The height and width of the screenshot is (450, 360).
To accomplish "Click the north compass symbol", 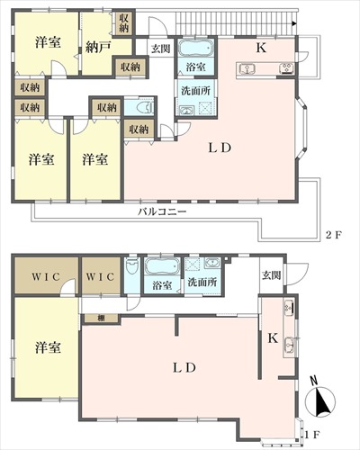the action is pos(319,400).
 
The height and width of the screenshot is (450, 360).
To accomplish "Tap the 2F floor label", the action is pos(334,235).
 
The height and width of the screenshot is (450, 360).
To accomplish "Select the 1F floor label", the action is pos(312,435).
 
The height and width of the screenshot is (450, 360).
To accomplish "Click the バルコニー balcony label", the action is pos(162,211).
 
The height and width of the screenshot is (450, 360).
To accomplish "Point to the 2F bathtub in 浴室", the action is pos(196,48).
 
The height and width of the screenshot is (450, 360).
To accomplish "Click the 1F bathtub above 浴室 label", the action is pos(162,266).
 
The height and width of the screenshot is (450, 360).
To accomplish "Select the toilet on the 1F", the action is pos(132,265).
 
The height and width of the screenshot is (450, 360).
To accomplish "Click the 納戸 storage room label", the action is pos(98,47).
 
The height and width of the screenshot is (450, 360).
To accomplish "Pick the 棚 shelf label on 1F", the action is pos(102,319).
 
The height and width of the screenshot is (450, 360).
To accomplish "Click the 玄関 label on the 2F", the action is pos(161,49).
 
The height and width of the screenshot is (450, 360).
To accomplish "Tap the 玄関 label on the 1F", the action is pos(272,275).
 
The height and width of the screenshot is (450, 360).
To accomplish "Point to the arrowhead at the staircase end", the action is pos(294,23).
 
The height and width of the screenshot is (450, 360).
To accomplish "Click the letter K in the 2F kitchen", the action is pos(261,48).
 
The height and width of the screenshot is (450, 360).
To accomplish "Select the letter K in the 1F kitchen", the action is pos(273,338).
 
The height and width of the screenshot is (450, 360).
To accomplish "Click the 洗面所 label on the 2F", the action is pos(196,91).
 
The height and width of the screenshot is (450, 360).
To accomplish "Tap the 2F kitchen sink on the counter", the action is pos(247,69).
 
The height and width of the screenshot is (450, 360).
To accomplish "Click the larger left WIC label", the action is pos(46,276).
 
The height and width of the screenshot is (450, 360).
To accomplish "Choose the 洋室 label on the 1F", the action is pos(48,347).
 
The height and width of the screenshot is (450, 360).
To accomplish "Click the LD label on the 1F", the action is pos(184,368).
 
